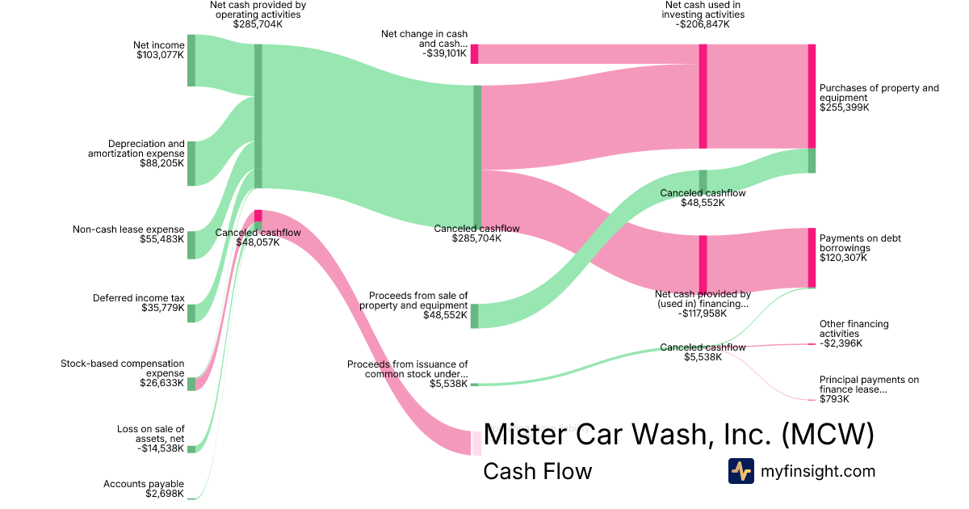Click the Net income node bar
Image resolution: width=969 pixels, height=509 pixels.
tap(191, 61)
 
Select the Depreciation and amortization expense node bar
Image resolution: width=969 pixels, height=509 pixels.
tap(191, 163)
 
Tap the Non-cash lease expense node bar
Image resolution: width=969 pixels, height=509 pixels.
tap(191, 245)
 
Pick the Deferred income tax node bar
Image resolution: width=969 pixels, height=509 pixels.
tap(191, 313)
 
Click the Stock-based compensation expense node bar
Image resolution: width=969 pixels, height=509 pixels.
tap(191, 384)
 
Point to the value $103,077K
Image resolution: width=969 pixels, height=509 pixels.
tap(160, 56)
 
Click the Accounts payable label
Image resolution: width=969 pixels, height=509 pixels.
tap(144, 484)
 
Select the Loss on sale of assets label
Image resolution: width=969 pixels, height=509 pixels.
tap(150, 434)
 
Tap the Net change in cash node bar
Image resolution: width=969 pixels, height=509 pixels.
tap(475, 54)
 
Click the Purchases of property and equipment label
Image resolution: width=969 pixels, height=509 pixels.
tap(879, 93)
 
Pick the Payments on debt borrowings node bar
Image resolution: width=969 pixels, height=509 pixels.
tap(812, 258)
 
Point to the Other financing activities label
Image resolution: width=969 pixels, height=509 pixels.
tap(854, 329)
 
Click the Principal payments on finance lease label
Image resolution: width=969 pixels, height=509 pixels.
tap(869, 385)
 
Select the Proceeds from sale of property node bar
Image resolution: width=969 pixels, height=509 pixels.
tap(475, 316)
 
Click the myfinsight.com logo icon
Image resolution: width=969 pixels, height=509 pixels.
tap(740, 470)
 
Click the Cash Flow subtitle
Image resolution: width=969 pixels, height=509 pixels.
tap(537, 471)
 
